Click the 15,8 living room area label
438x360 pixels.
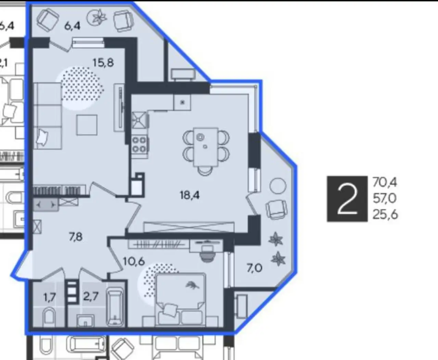pyautogui.click(x=103, y=63)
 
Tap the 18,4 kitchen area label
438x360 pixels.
pyautogui.click(x=190, y=195)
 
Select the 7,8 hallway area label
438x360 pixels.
pyautogui.click(x=76, y=237)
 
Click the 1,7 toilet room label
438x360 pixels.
pyautogui.click(x=50, y=298)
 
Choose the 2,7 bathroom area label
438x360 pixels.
pyautogui.click(x=91, y=296)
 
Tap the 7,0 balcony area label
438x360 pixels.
pyautogui.click(x=254, y=268)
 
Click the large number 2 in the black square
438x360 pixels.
pyautogui.click(x=347, y=199)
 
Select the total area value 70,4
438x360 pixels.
pyautogui.click(x=385, y=183)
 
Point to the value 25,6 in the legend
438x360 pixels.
pyautogui.click(x=385, y=214)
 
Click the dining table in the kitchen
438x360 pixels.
pyautogui.click(x=206, y=147)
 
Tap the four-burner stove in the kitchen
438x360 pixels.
pyautogui.click(x=140, y=145)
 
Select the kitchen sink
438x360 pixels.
pyautogui.click(x=140, y=120)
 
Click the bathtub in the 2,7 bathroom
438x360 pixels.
pyautogui.click(x=114, y=308)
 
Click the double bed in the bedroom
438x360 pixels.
pyautogui.click(x=181, y=300)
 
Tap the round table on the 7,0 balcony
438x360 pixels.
pyautogui.click(x=278, y=186)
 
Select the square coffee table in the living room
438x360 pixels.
pyautogui.click(x=87, y=125)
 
